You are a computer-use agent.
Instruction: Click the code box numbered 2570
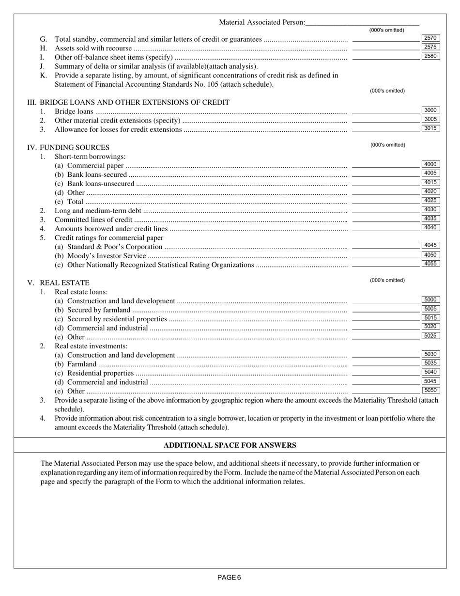[430, 38]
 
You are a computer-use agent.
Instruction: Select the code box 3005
[430, 119]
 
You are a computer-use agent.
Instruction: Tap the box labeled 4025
[430, 200]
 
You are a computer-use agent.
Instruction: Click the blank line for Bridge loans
[385, 112]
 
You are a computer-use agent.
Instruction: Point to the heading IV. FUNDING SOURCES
[68, 147]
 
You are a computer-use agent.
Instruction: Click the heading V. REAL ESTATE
[59, 282]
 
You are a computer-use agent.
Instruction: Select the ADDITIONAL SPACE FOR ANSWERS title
[230, 445]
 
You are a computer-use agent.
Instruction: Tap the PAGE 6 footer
[229, 577]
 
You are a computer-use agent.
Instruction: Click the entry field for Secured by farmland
[385, 310]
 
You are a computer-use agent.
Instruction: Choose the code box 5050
[430, 390]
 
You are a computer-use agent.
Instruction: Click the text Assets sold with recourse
[93, 48]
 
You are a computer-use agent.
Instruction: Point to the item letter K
[43, 75]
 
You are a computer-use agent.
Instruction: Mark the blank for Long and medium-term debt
[385, 211]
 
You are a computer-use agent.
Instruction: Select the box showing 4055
[430, 264]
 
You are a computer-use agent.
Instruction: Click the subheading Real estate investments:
[91, 346]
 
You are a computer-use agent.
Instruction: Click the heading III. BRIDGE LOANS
[128, 102]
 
